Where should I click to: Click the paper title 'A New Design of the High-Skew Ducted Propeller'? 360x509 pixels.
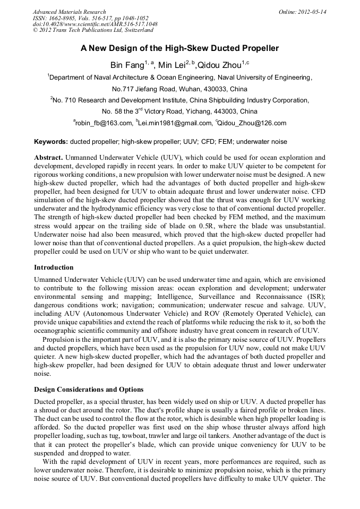[179, 48]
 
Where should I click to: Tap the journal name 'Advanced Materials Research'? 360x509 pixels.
[69, 12]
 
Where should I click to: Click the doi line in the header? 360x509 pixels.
[95, 24]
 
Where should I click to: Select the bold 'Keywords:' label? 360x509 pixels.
[51, 142]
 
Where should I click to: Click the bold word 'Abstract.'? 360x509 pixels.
[49, 158]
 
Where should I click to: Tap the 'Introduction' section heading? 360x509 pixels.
[54, 267]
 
